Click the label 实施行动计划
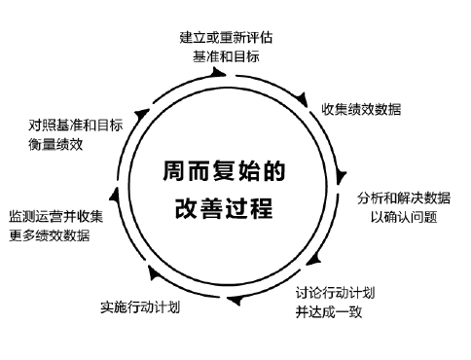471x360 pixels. click(141, 307)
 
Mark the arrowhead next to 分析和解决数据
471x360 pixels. click(341, 178)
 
